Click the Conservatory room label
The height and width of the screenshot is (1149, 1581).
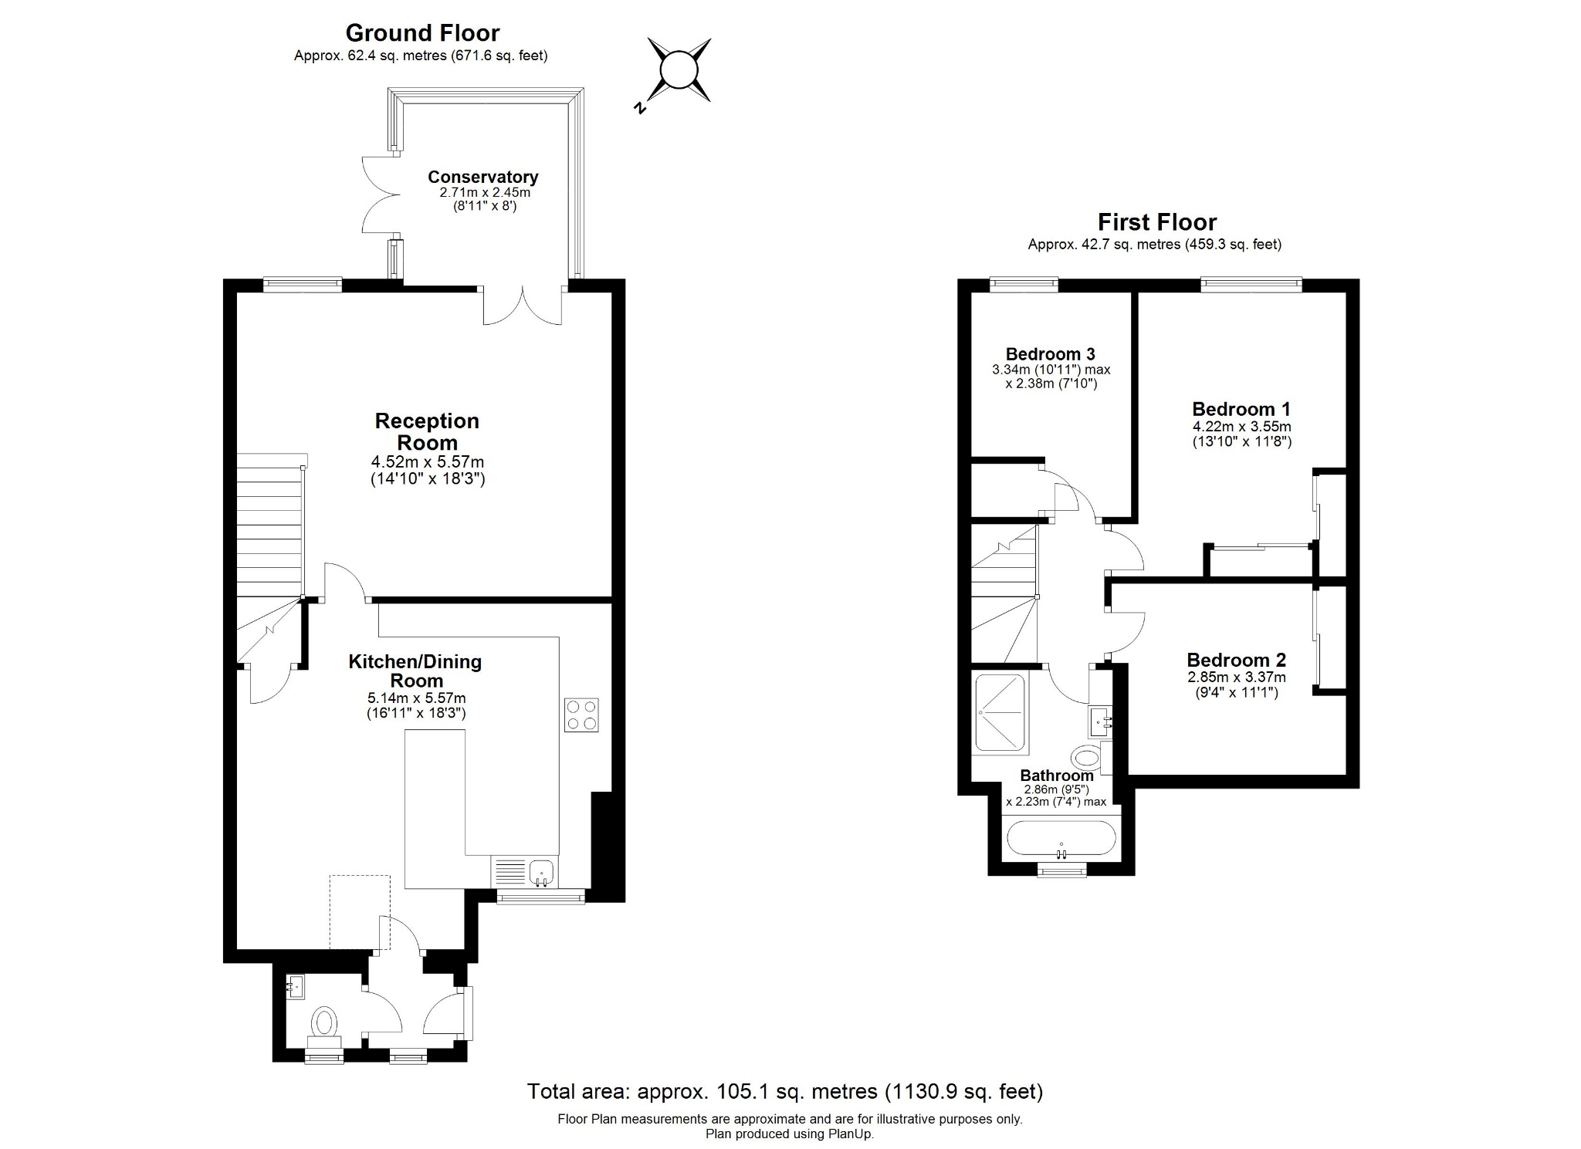482,177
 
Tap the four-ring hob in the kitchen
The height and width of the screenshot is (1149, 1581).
581,715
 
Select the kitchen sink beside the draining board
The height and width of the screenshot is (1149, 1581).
543,872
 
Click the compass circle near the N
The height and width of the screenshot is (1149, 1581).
679,70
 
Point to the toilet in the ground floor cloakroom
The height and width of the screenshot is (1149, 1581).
324,1024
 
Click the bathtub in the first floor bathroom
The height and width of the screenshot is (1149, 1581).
1061,840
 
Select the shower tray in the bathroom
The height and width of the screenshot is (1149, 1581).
1000,714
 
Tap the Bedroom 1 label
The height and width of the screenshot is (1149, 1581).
1241,409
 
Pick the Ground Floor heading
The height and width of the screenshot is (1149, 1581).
422,33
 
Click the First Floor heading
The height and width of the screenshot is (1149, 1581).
1156,222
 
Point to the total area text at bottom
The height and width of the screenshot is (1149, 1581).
784,1091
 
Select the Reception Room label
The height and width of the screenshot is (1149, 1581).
427,431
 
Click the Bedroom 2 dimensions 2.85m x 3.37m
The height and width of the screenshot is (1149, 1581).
1236,677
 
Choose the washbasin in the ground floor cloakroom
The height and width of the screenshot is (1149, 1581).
296,985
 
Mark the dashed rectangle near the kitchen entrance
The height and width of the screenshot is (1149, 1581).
360,912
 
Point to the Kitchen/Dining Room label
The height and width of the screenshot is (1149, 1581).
415,671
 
